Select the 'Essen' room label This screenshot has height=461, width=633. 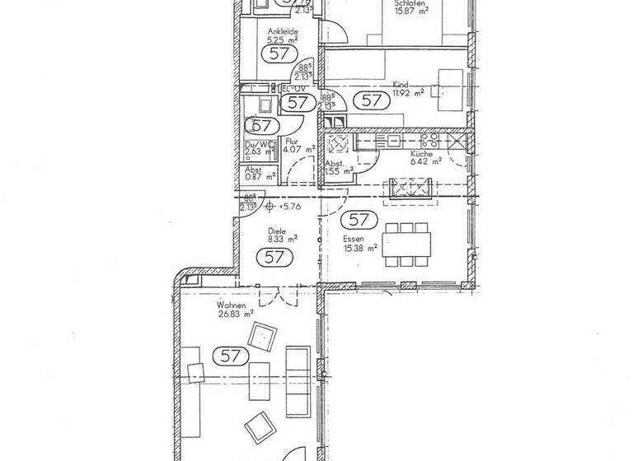pyautogui.click(x=354, y=239)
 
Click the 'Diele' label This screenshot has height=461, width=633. pyautogui.click(x=276, y=233)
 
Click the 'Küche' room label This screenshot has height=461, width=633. pyautogui.click(x=420, y=153)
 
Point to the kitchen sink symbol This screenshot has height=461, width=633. pyautogui.click(x=339, y=146)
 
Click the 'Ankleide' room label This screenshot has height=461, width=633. pyautogui.click(x=272, y=31)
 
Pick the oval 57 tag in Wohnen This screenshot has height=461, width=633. pyautogui.click(x=231, y=356)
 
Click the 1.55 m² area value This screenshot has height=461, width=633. pyautogui.click(x=339, y=171)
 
